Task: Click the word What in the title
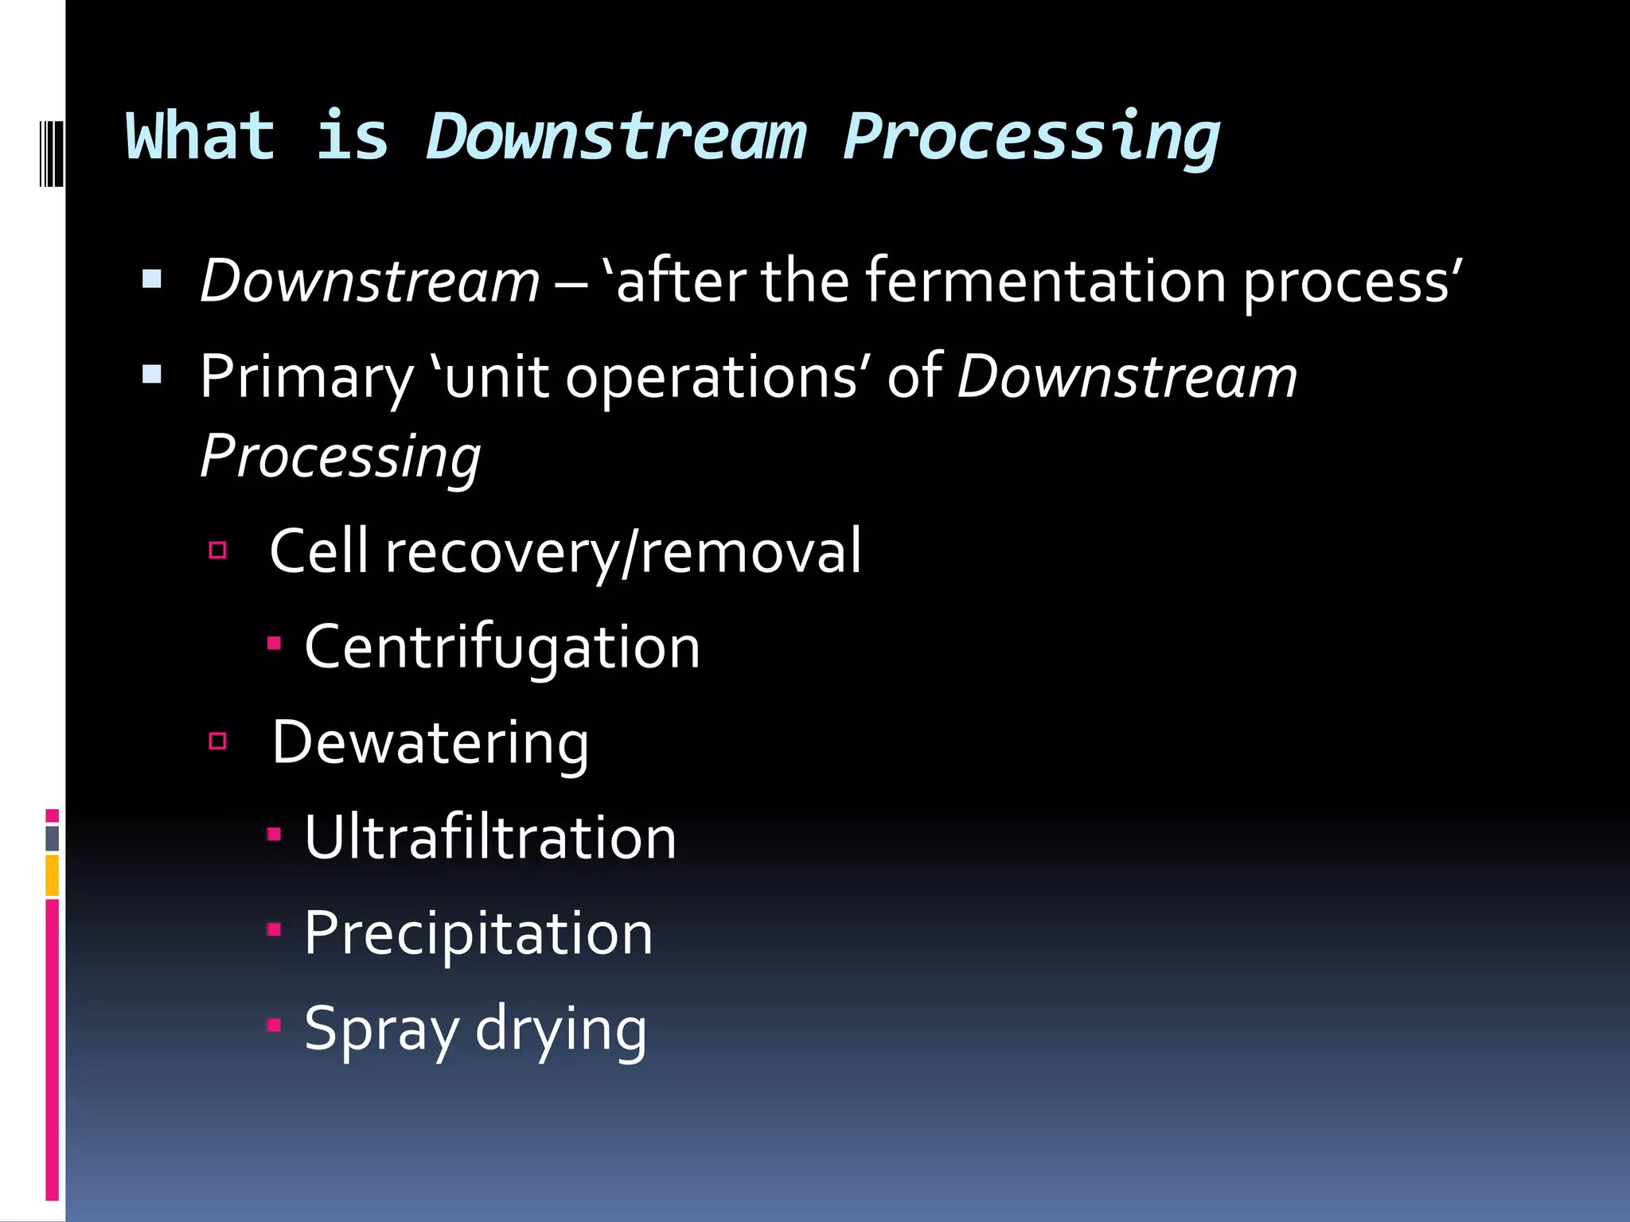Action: coord(201,137)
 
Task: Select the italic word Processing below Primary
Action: coord(341,457)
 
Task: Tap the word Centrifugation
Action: coord(502,647)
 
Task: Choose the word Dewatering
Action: coord(431,742)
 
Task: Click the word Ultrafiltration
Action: coord(490,838)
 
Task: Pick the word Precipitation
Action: coord(478,933)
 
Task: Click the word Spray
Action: coord(381,1029)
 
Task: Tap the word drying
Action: coord(560,1029)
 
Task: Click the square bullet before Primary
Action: coord(152,374)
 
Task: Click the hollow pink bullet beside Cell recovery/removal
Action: coord(218,550)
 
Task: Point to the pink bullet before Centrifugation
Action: coord(274,643)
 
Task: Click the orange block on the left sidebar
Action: coord(52,875)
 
